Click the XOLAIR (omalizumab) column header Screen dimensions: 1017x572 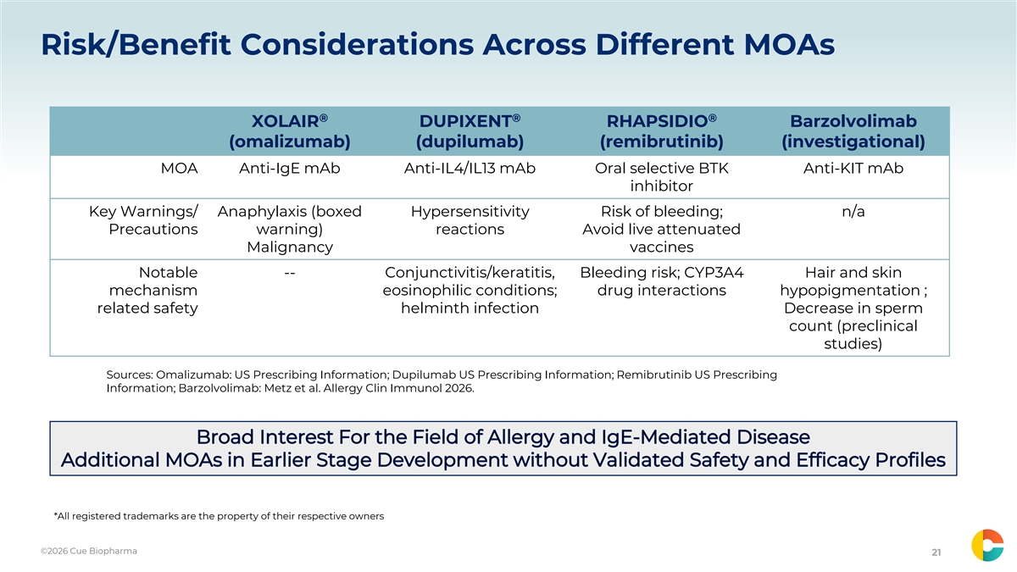[290, 131]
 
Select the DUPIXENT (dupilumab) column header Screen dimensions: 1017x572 [470, 131]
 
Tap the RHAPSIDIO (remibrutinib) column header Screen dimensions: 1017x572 [662, 131]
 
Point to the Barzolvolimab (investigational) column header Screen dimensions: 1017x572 [853, 131]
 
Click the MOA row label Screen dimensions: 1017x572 [179, 169]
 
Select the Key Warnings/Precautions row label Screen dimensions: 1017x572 [143, 220]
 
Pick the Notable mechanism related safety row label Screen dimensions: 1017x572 [147, 290]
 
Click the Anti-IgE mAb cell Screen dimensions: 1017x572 [290, 169]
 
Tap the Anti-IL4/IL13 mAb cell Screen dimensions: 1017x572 [470, 169]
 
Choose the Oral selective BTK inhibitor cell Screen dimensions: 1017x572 [662, 177]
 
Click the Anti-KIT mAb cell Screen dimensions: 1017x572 [853, 169]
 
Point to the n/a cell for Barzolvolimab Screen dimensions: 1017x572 [853, 212]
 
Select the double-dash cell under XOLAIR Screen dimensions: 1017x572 [290, 273]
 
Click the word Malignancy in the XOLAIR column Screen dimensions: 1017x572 [290, 247]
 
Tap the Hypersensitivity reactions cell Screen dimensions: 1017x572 [470, 220]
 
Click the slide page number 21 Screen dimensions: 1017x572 [936, 553]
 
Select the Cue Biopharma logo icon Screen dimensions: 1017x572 [987, 545]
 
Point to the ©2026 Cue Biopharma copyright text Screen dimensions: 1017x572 [88, 551]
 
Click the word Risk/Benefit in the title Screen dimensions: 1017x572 [136, 45]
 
